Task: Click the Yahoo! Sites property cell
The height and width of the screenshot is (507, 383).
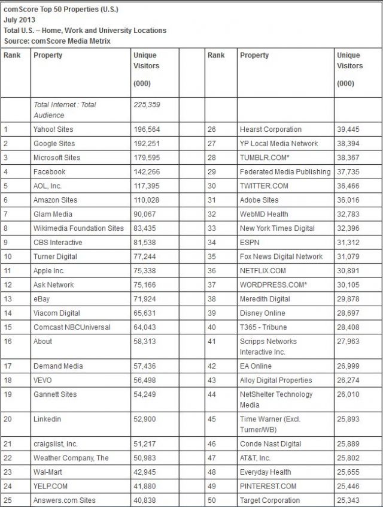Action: (x=54, y=129)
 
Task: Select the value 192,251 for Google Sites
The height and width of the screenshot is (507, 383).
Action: (x=147, y=143)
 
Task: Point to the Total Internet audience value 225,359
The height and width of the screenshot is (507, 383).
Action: (x=147, y=104)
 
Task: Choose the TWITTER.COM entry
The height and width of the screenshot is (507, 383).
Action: (x=264, y=186)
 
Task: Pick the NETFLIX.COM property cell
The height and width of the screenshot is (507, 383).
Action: (x=263, y=271)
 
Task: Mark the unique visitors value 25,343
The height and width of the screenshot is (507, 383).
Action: (x=349, y=500)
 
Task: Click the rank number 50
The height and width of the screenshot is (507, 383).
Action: (x=212, y=500)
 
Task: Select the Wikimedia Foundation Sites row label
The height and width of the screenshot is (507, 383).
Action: (x=78, y=228)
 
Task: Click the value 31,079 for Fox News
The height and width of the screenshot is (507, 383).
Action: (x=349, y=256)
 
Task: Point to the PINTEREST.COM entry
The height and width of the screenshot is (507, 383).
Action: (x=268, y=486)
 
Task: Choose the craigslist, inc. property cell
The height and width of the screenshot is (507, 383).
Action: (x=56, y=444)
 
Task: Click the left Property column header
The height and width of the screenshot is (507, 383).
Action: (x=48, y=55)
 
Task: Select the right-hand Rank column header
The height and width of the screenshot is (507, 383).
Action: (x=216, y=55)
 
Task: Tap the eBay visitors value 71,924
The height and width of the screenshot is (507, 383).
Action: (x=147, y=299)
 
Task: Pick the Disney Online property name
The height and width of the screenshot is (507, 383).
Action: (x=263, y=313)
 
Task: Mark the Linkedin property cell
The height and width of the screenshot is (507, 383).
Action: (x=47, y=420)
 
